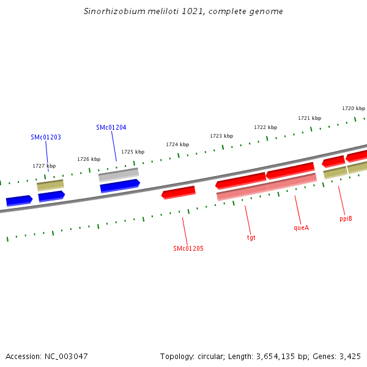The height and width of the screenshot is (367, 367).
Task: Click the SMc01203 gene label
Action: click(46, 138)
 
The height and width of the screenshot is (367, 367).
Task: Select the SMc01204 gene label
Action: click(111, 127)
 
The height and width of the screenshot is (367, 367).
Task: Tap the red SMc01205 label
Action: click(188, 249)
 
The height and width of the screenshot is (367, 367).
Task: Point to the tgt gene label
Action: click(251, 237)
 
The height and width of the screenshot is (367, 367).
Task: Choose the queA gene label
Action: click(302, 228)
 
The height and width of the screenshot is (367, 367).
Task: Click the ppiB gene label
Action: click(346, 218)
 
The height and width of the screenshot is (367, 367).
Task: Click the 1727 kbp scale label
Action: click(44, 166)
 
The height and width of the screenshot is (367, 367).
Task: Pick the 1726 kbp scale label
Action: click(89, 159)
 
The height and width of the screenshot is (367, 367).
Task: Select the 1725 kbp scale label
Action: click(133, 152)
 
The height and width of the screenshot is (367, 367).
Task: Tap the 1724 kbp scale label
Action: click(177, 144)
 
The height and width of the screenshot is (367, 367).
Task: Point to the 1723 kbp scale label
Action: click(221, 136)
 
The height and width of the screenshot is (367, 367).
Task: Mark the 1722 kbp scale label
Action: click(265, 127)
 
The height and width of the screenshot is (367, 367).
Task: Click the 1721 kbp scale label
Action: click(310, 118)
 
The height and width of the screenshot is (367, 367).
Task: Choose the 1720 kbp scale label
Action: click(354, 108)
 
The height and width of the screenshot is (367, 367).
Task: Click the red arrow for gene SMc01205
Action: click(179, 193)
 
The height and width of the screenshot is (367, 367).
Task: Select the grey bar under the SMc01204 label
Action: click(119, 174)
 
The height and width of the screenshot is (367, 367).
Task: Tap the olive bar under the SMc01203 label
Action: click(50, 185)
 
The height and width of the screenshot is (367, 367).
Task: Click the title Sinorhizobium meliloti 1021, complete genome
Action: click(183, 12)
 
